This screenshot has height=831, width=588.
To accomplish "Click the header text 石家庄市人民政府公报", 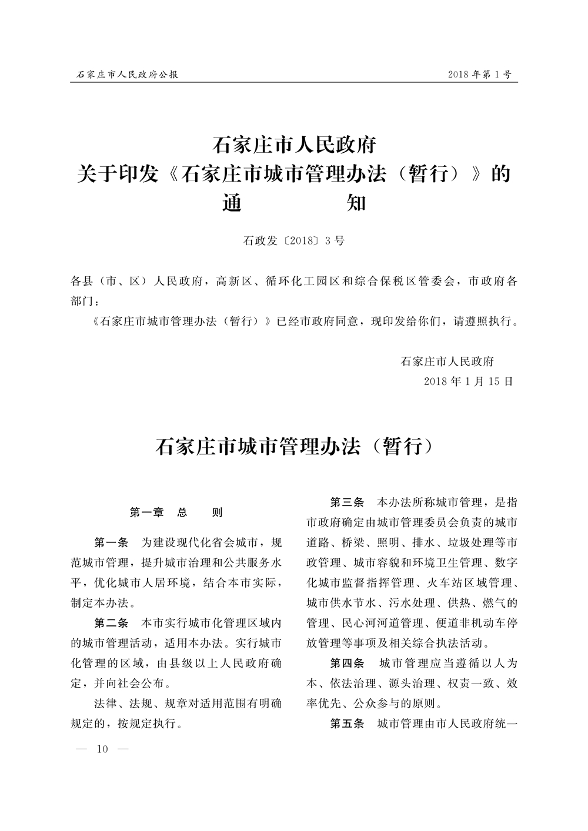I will click(128, 75).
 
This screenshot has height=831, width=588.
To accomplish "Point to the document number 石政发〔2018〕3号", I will click(293, 241).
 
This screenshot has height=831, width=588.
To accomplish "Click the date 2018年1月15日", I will click(469, 381).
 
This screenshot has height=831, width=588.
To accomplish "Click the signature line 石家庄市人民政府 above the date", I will click(447, 361).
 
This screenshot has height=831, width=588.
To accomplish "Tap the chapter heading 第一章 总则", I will click(176, 512).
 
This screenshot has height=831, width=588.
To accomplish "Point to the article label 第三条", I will click(347, 502).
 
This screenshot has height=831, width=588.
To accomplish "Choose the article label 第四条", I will click(347, 663).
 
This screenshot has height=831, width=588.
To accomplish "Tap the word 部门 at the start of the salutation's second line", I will click(82, 301).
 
